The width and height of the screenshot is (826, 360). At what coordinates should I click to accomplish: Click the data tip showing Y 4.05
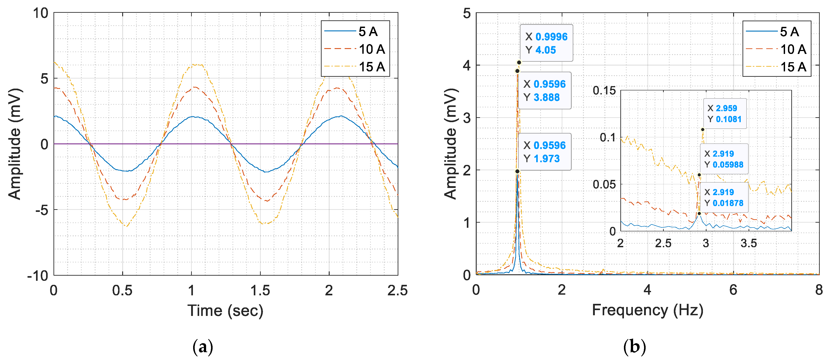coord(546,43)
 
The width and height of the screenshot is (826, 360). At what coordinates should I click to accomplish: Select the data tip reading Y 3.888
coord(544,90)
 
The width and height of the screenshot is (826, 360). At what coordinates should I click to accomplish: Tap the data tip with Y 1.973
coord(544,152)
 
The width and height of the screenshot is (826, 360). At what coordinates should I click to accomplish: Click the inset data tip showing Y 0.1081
coord(724,113)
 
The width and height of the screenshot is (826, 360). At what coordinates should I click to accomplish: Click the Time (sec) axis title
coord(225,310)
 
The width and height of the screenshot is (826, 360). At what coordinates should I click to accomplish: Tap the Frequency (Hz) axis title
coord(647,310)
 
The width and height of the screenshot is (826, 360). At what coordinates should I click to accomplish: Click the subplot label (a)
coord(203,347)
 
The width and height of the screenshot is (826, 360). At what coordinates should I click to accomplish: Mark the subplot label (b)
coord(634,347)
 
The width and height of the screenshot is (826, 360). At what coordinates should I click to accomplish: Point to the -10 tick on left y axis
coord(38,275)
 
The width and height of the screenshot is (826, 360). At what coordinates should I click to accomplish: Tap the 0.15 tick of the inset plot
coord(604,91)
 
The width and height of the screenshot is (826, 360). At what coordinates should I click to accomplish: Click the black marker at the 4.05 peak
coord(519,62)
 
